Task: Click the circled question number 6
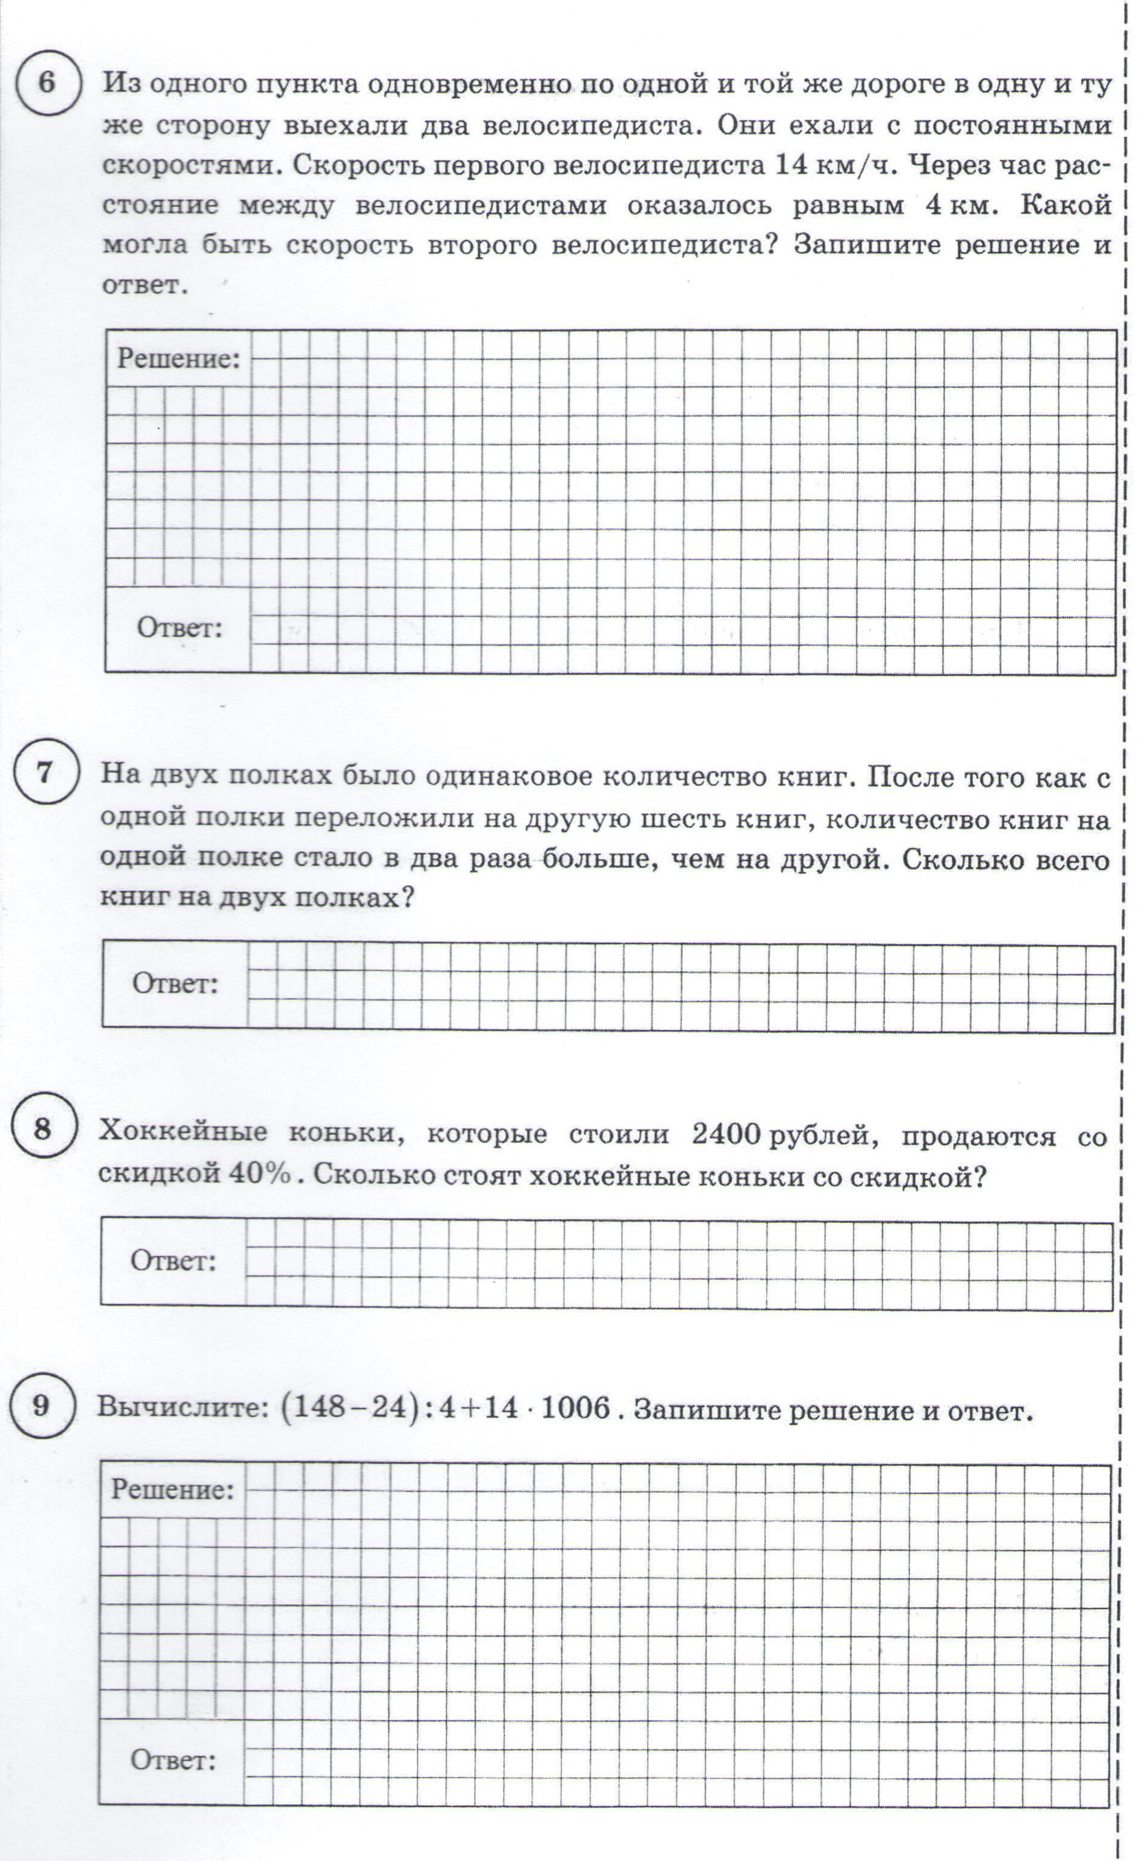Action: pyautogui.click(x=47, y=82)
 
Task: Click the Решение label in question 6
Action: pyautogui.click(x=179, y=359)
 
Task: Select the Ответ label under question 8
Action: pyautogui.click(x=174, y=1261)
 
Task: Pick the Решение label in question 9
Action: pyautogui.click(x=173, y=1489)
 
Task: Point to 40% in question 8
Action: pyautogui.click(x=259, y=1174)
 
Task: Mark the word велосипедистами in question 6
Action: pyautogui.click(x=481, y=205)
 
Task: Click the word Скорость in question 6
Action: pyautogui.click(x=347, y=165)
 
